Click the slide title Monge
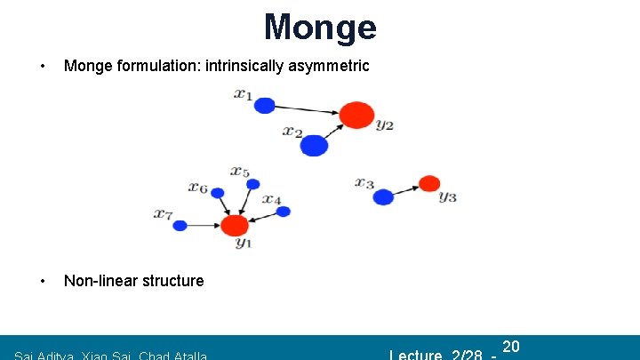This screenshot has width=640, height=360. coord(320,27)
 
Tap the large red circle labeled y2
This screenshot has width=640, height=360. coord(356,115)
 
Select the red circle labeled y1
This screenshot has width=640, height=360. coord(235,225)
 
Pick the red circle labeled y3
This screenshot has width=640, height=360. coord(429,183)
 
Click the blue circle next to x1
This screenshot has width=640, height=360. coord(264,106)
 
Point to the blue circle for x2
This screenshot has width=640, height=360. coord(314,145)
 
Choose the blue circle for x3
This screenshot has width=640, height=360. coord(383,196)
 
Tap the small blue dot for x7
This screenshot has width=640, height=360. coord(180,226)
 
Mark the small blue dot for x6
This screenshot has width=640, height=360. coord(217,192)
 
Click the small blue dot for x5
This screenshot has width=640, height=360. coord(252,184)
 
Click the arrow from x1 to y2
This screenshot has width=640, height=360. coord(307,110)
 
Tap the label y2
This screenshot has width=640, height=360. coord(384,125)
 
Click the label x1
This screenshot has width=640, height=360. coord(243,93)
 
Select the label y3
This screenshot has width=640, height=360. coord(447,196)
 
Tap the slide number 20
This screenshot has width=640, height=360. coord(510,346)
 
